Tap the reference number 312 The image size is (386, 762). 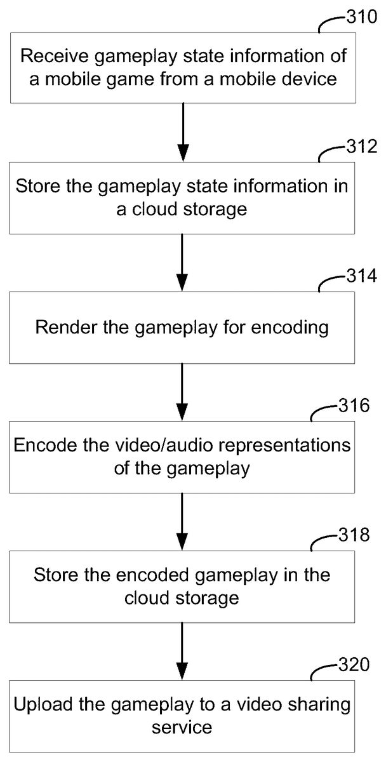pos(362,148)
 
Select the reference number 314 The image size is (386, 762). pos(362,277)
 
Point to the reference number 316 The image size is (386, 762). pos(354,406)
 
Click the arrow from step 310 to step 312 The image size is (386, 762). pos(183,132)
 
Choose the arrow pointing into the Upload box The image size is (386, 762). pos(183,649)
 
